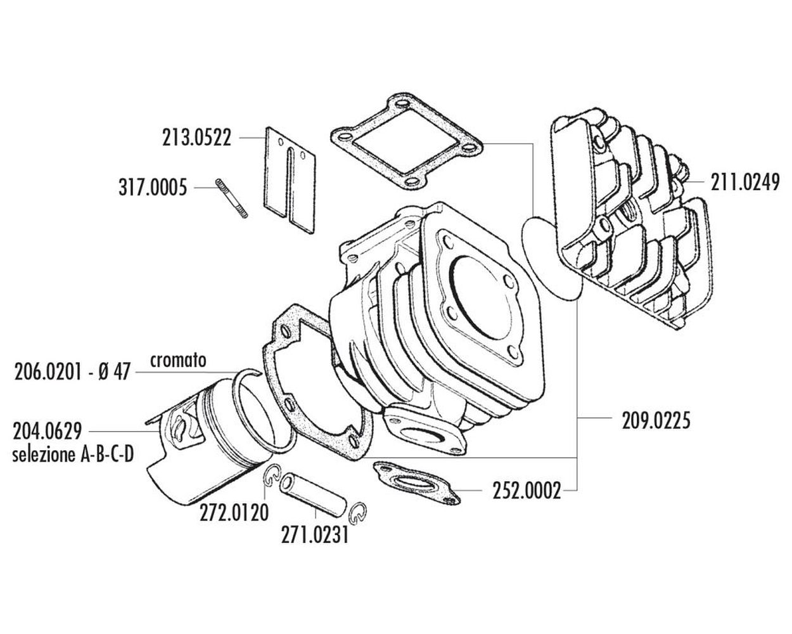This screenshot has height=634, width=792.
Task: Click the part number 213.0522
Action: click(x=197, y=138)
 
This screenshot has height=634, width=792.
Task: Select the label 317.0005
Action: click(x=153, y=187)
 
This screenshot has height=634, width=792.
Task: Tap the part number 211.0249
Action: click(x=745, y=183)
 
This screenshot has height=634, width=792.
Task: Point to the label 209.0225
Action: click(x=656, y=421)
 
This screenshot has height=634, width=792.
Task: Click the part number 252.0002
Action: click(x=527, y=491)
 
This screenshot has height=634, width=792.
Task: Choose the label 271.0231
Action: click(x=315, y=535)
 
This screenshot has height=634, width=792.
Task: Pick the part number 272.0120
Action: click(x=234, y=512)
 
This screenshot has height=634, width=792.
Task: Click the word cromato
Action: click(x=178, y=361)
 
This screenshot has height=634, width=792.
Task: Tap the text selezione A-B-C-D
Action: click(x=73, y=455)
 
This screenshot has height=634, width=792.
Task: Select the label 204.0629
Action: click(x=47, y=431)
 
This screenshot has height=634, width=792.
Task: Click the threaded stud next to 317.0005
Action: click(x=231, y=198)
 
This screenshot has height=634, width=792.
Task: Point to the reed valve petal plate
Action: click(x=290, y=181)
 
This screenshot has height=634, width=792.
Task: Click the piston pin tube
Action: click(x=313, y=495)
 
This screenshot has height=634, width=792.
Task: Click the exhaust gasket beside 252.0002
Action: click(x=416, y=482)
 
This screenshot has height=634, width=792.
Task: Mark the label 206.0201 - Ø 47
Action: click(x=72, y=372)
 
